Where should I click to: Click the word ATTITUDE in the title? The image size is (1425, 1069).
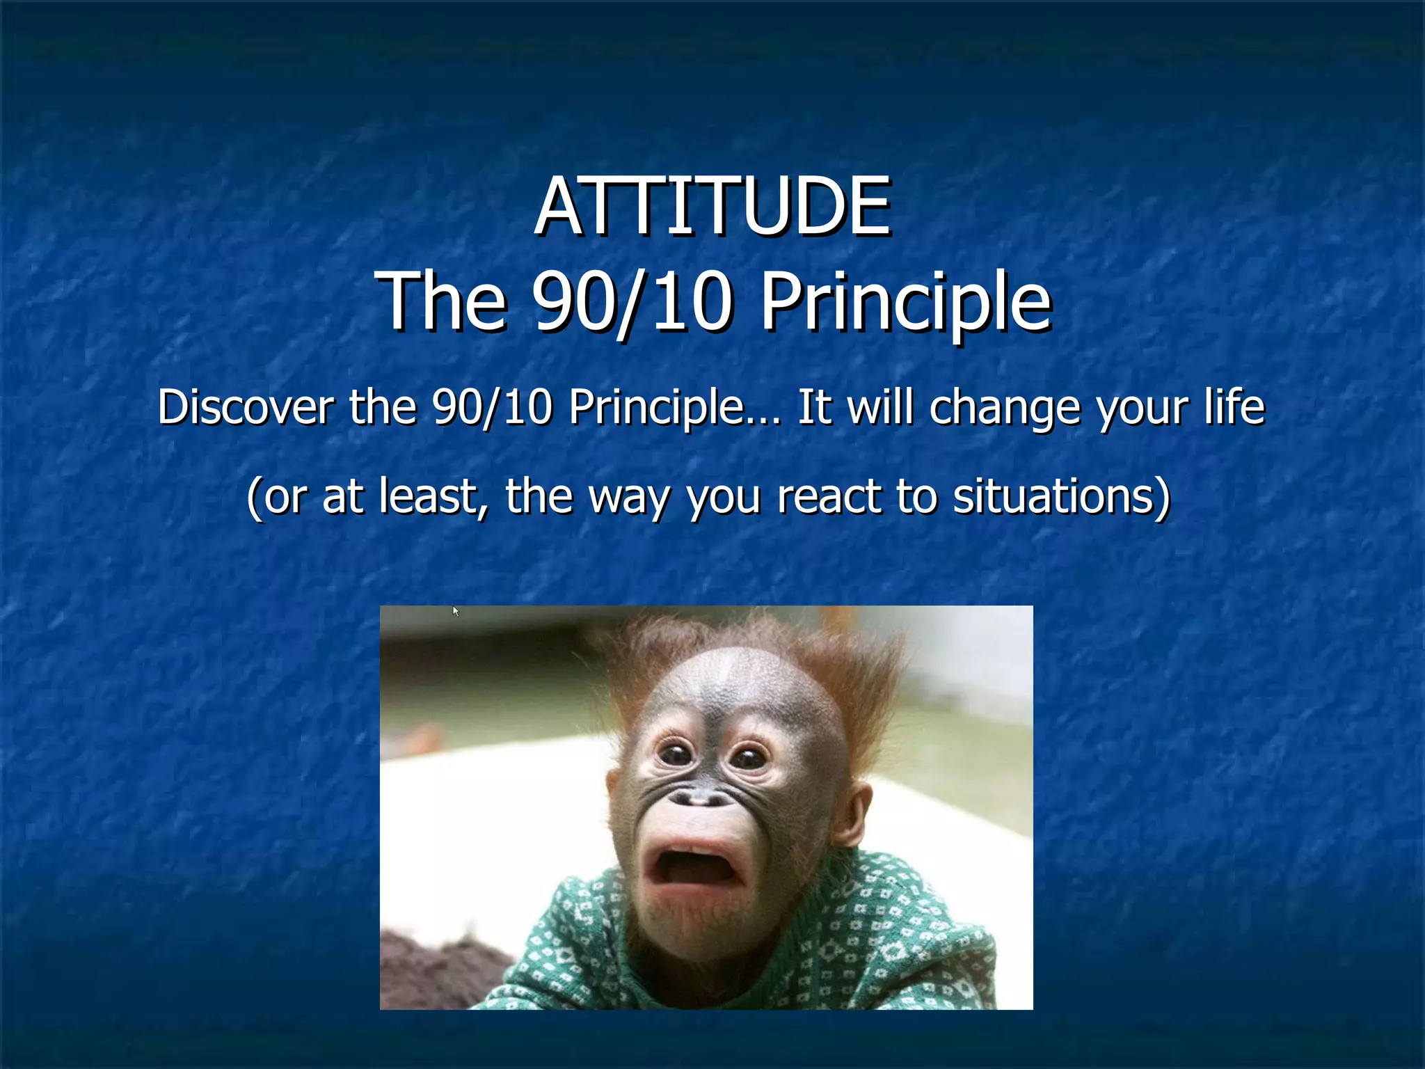tap(712, 207)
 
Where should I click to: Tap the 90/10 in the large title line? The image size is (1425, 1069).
tap(632, 302)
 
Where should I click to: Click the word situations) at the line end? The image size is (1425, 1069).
tap(1062, 496)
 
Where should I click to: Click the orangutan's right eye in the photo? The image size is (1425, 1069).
tap(749, 757)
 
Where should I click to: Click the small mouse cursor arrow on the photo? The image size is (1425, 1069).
tap(456, 612)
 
